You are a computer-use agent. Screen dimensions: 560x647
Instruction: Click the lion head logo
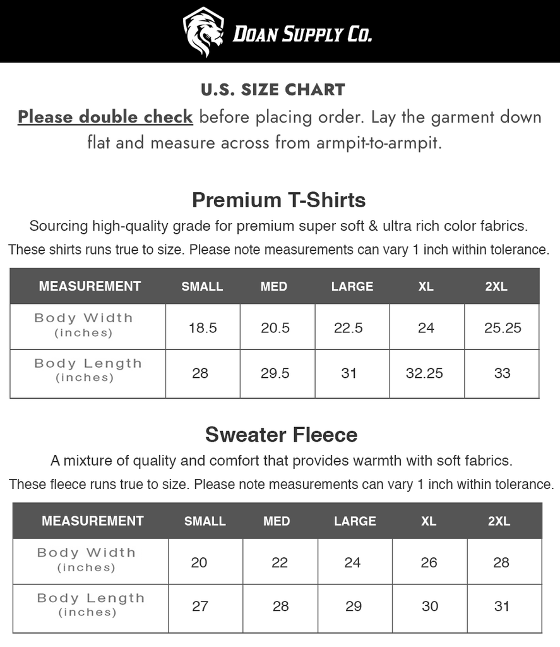(x=203, y=32)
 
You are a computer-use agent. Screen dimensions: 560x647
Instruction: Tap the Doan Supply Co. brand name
(x=302, y=33)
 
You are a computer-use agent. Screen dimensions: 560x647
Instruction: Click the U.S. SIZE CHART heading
(x=273, y=90)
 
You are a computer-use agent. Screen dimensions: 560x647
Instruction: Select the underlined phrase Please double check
(x=105, y=118)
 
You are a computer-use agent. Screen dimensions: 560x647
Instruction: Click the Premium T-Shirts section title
(x=279, y=200)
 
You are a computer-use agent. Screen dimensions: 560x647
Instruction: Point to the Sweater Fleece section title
(x=281, y=435)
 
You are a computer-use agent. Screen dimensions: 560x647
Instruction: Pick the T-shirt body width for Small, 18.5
(x=203, y=328)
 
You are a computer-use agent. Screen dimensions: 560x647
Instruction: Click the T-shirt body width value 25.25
(x=503, y=328)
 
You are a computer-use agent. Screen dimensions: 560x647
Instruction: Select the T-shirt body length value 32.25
(x=424, y=373)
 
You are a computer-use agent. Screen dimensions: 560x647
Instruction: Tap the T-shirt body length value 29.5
(x=275, y=373)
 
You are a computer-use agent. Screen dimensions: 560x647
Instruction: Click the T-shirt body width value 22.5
(x=349, y=328)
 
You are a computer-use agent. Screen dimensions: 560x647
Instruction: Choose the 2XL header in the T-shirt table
(x=496, y=286)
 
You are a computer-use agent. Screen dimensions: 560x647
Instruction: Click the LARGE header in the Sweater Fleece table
(x=355, y=521)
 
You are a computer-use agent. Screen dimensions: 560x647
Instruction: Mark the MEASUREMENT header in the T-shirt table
(x=90, y=286)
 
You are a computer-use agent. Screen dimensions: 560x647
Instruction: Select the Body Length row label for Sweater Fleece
(x=90, y=604)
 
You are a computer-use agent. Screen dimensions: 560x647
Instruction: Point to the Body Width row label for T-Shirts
(x=83, y=324)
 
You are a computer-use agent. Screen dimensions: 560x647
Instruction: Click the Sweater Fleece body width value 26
(x=429, y=562)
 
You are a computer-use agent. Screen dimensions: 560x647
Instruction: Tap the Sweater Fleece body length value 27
(x=200, y=607)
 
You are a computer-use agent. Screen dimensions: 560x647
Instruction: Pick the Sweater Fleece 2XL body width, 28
(x=501, y=562)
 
